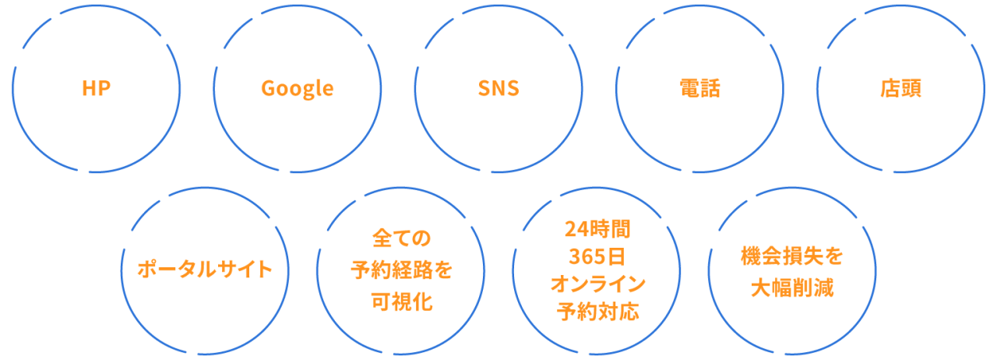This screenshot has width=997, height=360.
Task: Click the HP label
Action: [x=96, y=88]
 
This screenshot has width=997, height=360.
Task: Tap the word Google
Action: [x=297, y=89]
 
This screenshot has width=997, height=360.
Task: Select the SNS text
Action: [x=498, y=88]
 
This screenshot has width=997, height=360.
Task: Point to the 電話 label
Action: [x=699, y=88]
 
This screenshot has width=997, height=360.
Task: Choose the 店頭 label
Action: [x=900, y=88]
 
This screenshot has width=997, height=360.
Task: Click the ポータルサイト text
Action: [x=205, y=270]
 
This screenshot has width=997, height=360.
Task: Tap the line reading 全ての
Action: [x=401, y=236]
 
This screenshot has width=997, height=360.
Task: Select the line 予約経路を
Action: [x=401, y=270]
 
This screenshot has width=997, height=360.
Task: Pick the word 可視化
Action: [x=401, y=303]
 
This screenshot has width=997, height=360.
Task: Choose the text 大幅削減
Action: [x=792, y=288]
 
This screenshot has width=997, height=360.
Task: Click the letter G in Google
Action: [x=269, y=88]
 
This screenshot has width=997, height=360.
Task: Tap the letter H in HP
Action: [x=89, y=88]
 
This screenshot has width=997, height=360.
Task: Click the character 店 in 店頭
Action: [x=890, y=88]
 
